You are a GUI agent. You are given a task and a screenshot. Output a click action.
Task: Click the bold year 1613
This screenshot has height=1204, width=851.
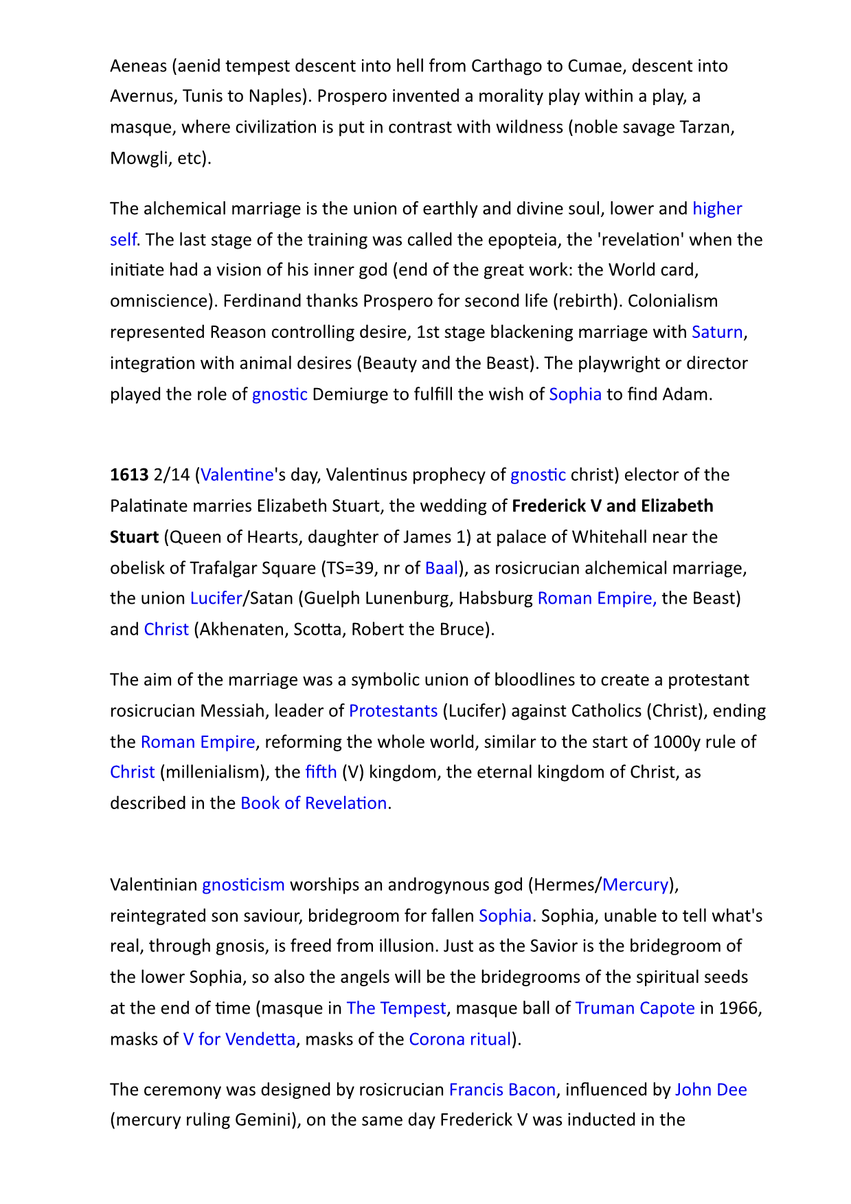[x=129, y=475]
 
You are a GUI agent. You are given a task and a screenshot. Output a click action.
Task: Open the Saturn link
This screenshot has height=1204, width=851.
[x=717, y=332]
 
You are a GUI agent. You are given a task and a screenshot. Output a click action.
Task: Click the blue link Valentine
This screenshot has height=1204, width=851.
[x=237, y=475]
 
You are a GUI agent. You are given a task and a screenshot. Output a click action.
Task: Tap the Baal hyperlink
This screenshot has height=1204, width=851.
[x=442, y=568]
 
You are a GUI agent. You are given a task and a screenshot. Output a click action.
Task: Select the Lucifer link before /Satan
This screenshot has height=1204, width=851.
[x=216, y=598]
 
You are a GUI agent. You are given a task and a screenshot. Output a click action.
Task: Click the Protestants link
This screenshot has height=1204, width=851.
[x=393, y=710]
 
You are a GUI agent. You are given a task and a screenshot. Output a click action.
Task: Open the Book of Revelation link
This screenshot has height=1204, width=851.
[x=314, y=803]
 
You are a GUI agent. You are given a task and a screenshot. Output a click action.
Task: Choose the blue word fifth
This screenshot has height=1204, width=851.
[x=321, y=772]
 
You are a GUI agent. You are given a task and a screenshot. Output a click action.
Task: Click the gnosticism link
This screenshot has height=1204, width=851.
[x=243, y=884]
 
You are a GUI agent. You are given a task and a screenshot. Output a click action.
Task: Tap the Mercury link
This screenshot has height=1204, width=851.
[x=635, y=884]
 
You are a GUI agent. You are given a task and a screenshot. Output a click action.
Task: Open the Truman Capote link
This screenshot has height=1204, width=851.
[x=635, y=1008]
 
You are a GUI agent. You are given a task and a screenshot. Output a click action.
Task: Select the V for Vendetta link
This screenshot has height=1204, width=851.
[x=239, y=1038]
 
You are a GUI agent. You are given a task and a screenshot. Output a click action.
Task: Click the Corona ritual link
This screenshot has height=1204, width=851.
[x=460, y=1038]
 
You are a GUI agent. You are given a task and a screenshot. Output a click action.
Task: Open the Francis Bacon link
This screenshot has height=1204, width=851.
[x=502, y=1089]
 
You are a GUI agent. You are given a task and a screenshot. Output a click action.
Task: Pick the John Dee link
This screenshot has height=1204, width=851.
[x=711, y=1089]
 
